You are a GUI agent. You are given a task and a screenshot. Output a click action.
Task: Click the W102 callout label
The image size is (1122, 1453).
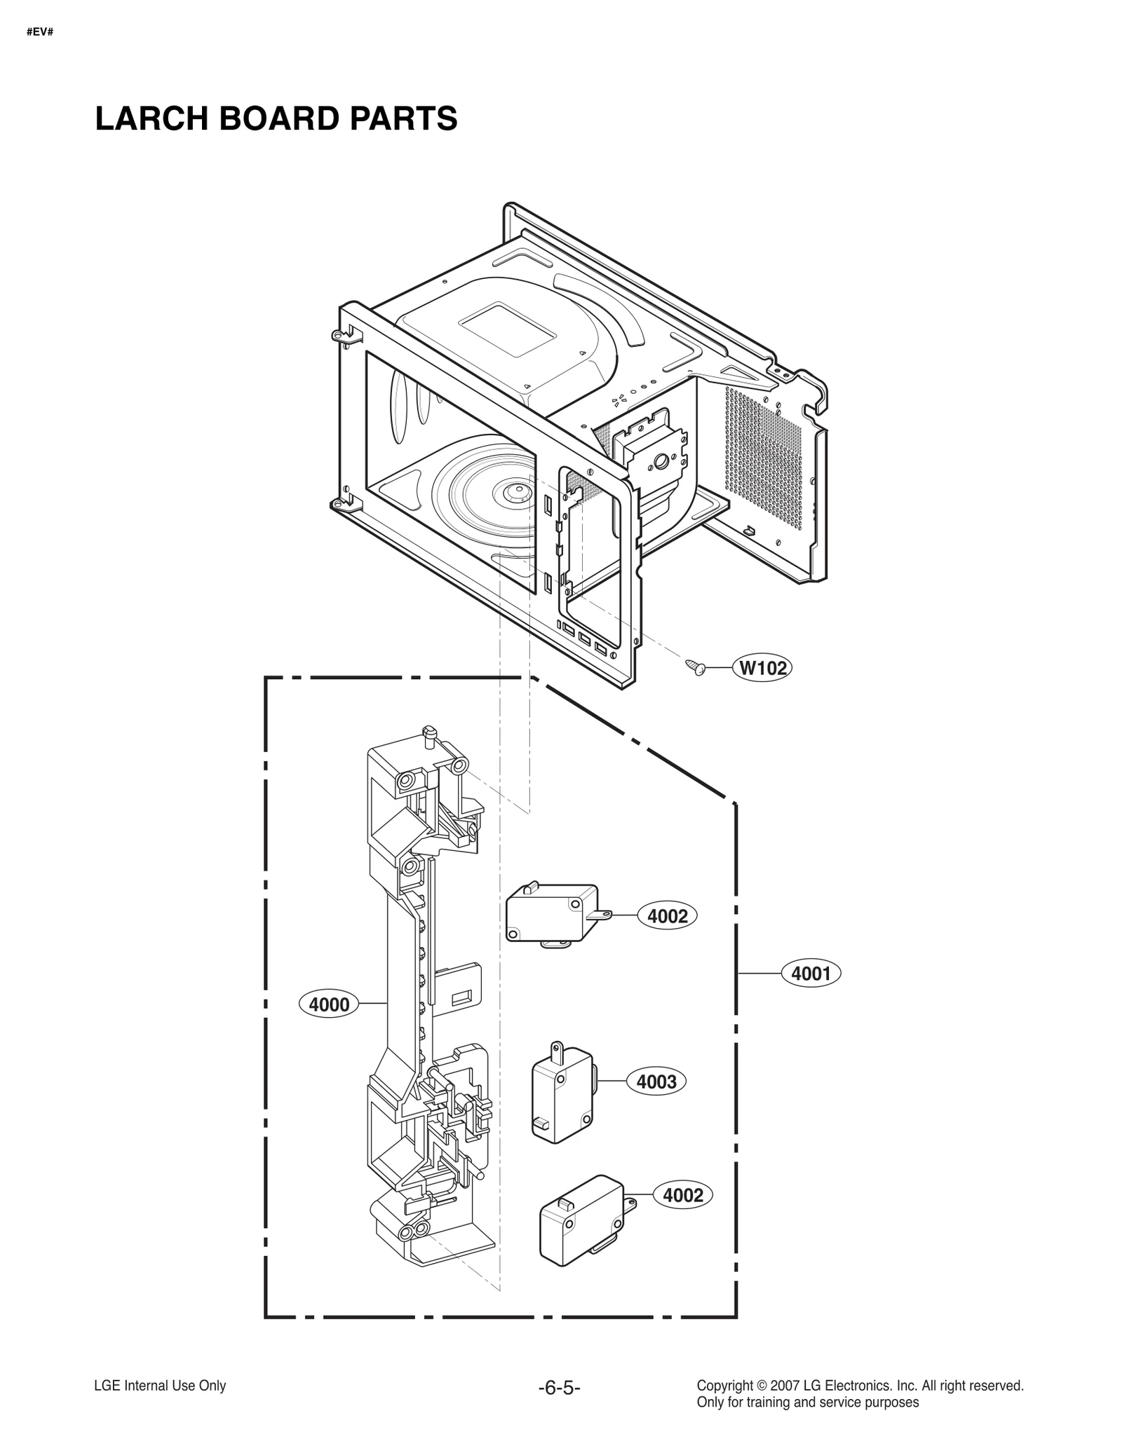[763, 668]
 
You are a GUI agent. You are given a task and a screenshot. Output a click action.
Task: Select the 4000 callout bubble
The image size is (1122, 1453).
[329, 1004]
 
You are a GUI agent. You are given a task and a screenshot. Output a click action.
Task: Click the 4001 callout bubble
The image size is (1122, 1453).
[811, 973]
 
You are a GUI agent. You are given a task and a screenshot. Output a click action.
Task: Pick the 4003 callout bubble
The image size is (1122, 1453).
[656, 1082]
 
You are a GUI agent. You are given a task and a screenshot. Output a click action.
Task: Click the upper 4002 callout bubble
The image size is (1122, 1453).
[668, 916]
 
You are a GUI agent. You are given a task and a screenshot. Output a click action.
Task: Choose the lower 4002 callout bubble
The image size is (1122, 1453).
[683, 1194]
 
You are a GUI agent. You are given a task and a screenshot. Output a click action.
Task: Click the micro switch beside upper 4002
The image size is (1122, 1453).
[551, 914]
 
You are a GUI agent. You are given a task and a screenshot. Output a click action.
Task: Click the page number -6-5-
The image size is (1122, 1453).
[559, 1388]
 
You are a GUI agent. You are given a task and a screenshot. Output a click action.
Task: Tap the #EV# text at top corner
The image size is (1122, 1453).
[40, 32]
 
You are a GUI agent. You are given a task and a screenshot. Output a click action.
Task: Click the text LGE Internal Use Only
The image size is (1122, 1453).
[160, 1386]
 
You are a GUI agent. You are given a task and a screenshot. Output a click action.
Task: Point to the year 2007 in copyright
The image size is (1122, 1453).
[784, 1386]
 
